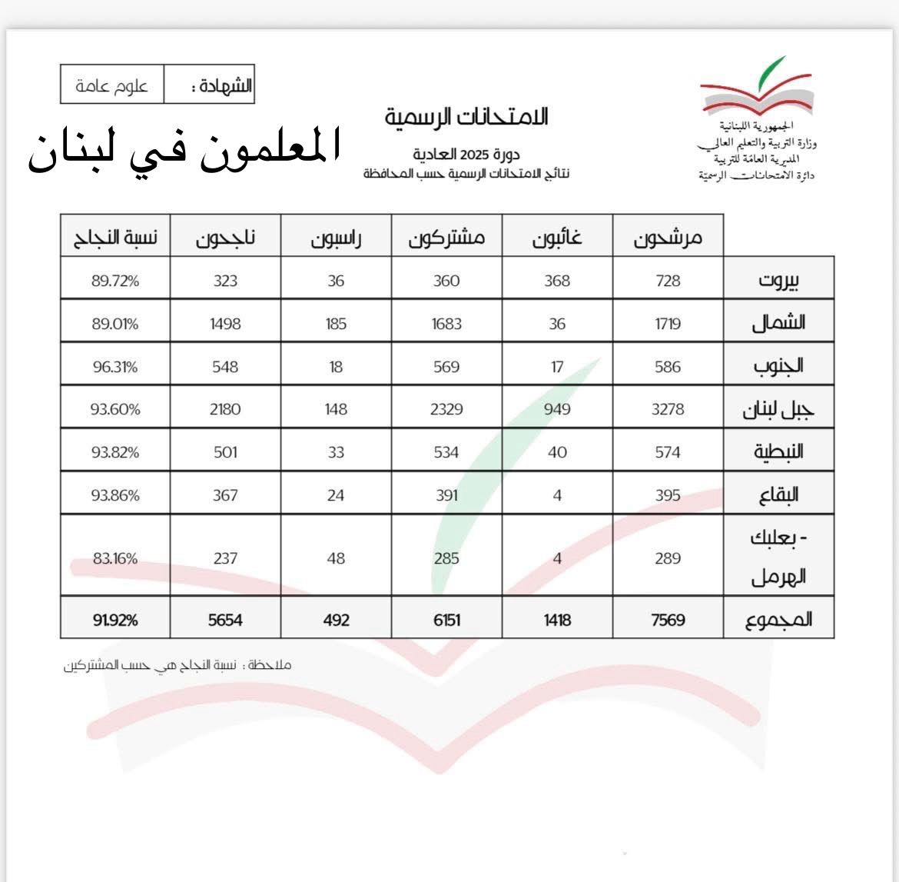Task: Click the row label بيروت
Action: click(778, 279)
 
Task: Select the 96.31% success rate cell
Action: click(115, 367)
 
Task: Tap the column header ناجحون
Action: click(225, 238)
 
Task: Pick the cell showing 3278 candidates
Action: click(668, 409)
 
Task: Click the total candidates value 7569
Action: click(668, 619)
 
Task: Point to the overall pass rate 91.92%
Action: click(115, 619)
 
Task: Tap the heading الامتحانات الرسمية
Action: click(466, 118)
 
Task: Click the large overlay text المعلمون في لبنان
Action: click(184, 151)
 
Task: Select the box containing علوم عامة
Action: click(112, 85)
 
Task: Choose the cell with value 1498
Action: click(225, 324)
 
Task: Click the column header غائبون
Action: click(557, 238)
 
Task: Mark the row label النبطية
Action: click(778, 451)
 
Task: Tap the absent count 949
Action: click(557, 409)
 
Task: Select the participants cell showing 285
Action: click(446, 557)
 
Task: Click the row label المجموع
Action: click(778, 619)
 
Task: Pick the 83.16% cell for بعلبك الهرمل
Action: click(115, 557)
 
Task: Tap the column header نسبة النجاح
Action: click(115, 238)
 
